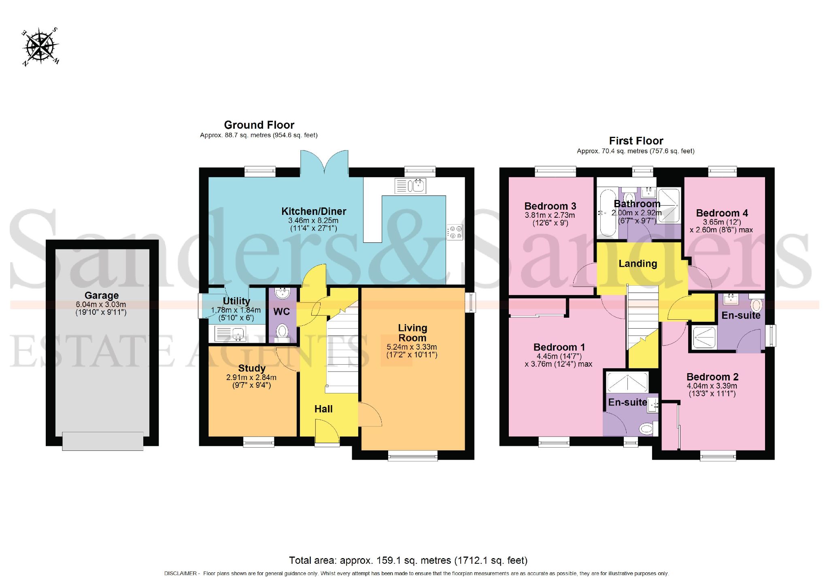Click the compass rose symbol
[40, 47]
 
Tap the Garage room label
[102, 295]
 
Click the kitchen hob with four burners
[455, 232]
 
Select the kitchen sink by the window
[410, 186]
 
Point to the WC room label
[281, 312]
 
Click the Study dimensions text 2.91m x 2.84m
[251, 377]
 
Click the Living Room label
[412, 333]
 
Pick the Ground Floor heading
[259, 125]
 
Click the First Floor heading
[636, 141]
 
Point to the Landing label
[638, 264]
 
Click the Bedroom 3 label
[550, 206]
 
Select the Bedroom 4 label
[722, 213]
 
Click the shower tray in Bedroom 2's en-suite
[704, 338]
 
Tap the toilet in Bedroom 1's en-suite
[646, 428]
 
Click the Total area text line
[408, 561]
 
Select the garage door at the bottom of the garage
[102, 441]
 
